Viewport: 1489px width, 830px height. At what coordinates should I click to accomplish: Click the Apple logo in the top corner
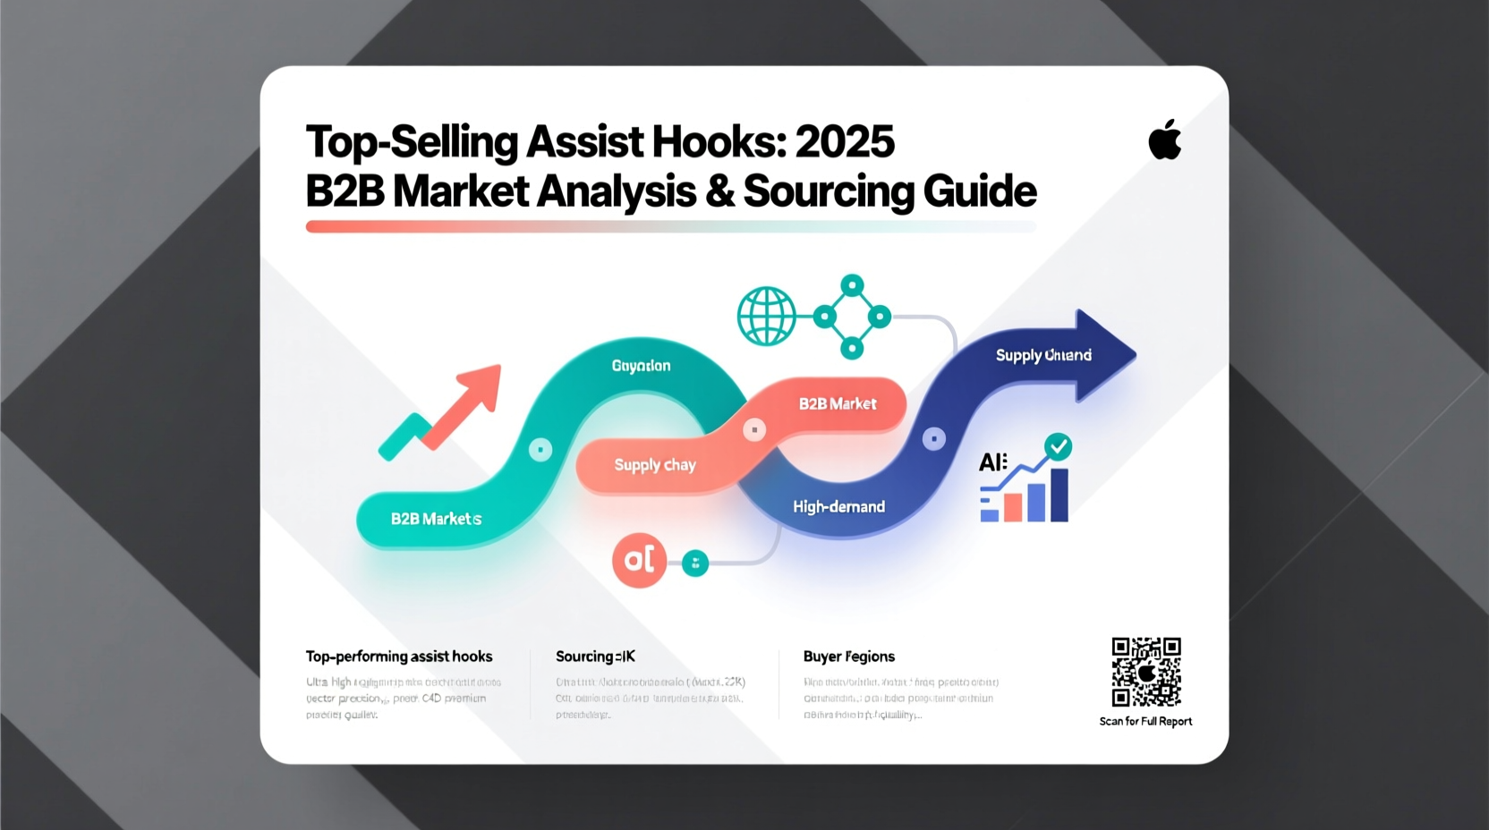[1164, 140]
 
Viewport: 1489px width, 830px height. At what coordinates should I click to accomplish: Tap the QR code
[1145, 672]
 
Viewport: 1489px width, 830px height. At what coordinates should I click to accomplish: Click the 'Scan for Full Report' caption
[1145, 722]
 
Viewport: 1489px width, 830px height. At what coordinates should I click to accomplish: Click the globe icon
[766, 316]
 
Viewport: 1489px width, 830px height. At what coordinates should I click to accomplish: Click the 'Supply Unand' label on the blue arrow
[1043, 355]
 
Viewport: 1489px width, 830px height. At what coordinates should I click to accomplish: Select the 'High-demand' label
[838, 507]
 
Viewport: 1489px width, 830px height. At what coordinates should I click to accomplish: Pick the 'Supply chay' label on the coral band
[655, 465]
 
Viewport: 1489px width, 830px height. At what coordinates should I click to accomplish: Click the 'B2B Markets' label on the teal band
[436, 519]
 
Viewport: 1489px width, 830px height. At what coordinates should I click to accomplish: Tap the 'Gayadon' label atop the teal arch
[641, 366]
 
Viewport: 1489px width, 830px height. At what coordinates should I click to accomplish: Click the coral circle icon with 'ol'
[639, 560]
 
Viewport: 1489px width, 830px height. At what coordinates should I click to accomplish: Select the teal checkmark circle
[1058, 446]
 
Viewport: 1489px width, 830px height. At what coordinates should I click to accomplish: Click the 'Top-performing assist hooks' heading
[399, 656]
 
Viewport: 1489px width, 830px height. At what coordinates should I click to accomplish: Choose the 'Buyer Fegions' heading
[848, 656]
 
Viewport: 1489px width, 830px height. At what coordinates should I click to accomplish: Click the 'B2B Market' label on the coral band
[838, 404]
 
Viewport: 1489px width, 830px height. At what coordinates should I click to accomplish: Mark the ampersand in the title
[719, 191]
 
